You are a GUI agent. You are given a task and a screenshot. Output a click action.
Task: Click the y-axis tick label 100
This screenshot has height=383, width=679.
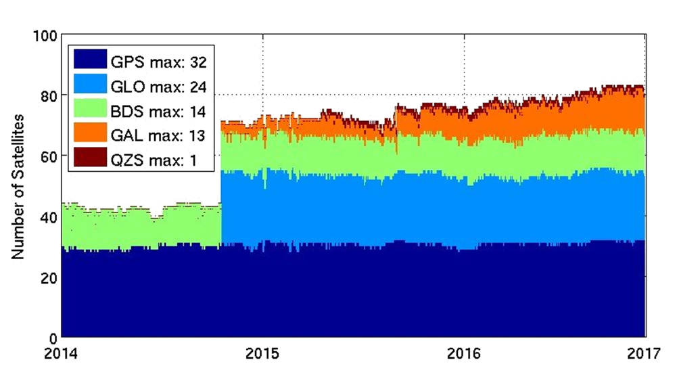pos(45,35)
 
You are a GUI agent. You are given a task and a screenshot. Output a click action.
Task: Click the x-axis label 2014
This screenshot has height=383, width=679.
pos(62,354)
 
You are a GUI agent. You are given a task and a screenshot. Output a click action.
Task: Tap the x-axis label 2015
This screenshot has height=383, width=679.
pos(262,354)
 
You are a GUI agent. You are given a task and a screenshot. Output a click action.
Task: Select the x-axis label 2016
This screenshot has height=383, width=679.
pos(464,354)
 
